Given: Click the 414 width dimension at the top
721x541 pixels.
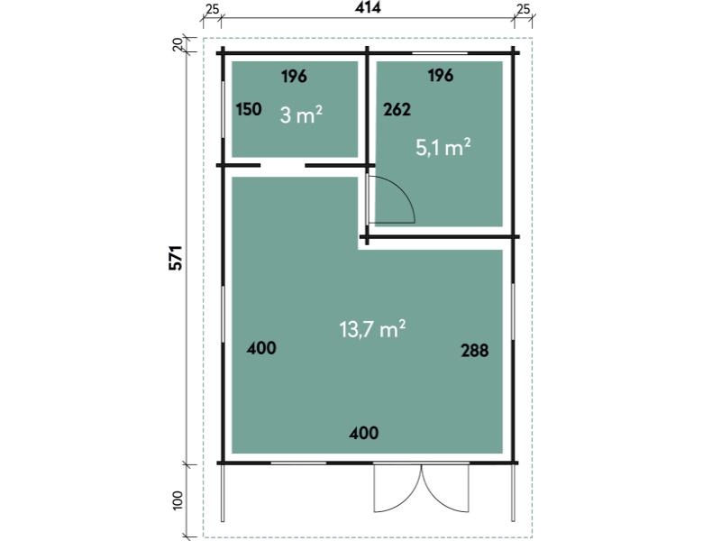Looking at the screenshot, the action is tap(368, 7).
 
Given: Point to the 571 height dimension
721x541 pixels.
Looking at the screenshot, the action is tap(176, 258).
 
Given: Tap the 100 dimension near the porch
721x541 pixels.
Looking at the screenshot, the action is tap(178, 500).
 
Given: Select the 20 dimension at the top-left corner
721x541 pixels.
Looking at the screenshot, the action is tap(178, 44).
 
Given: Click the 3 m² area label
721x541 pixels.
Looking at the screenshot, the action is tap(301, 115).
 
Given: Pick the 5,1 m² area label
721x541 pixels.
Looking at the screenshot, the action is tap(443, 148).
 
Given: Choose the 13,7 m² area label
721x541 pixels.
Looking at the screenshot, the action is tap(372, 329).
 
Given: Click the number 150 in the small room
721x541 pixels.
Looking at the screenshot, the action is tap(249, 109).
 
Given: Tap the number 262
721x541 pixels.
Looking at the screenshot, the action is tap(397, 109).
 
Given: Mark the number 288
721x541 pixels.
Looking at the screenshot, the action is tap(475, 351).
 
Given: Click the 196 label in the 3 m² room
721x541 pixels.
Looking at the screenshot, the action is tap(294, 77).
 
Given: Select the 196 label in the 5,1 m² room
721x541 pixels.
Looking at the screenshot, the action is tap(441, 75).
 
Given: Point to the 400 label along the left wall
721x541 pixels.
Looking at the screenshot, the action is tap(261, 348).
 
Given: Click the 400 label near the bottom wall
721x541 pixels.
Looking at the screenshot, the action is tap(364, 433).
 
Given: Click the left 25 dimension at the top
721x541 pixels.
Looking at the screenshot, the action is tap(212, 9).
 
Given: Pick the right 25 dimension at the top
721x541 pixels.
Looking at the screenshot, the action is tap(523, 9).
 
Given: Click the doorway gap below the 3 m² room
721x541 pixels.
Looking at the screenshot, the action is tap(283, 165).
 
